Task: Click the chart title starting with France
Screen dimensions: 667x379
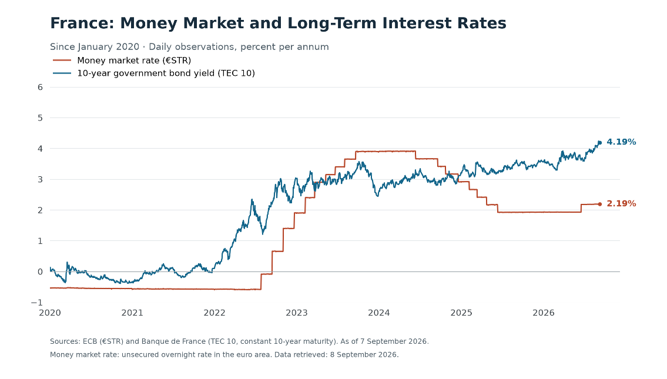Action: point(278,23)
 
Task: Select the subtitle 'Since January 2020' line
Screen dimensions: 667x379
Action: point(189,47)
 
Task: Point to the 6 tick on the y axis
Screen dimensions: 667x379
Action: point(41,87)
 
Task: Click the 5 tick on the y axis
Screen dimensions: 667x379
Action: point(41,118)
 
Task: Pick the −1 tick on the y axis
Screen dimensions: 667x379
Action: point(37,303)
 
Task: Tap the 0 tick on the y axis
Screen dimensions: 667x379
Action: point(41,272)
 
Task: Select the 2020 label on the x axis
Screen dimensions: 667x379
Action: point(50,313)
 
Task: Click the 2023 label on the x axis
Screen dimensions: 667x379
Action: point(297,313)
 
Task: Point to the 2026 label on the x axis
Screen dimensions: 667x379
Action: point(544,313)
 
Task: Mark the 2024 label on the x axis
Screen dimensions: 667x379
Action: point(379,313)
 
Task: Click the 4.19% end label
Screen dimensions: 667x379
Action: point(621,142)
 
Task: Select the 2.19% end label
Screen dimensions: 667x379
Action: point(621,204)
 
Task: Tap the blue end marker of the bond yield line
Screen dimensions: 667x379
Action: point(600,143)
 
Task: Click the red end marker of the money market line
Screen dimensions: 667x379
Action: point(600,204)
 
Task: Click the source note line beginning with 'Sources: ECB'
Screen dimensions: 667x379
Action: point(239,341)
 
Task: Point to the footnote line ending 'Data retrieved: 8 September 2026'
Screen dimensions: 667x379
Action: point(224,355)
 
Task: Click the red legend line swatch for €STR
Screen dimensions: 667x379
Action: point(62,61)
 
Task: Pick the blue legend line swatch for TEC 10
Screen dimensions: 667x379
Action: point(62,73)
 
